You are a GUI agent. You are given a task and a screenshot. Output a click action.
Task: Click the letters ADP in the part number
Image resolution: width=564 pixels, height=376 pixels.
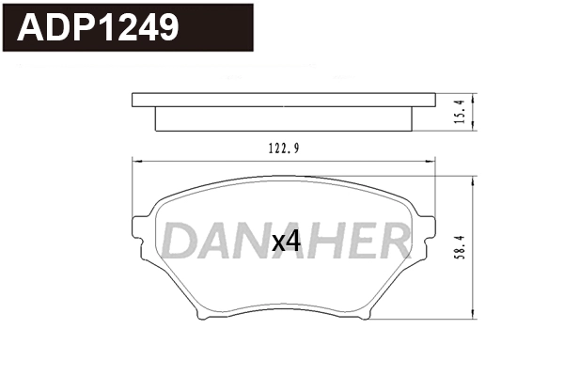(57, 28)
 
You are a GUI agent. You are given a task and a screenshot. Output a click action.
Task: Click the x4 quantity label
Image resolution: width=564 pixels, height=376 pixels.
(285, 242)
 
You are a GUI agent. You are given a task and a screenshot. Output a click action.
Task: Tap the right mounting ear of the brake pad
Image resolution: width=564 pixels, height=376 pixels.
(428, 230)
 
